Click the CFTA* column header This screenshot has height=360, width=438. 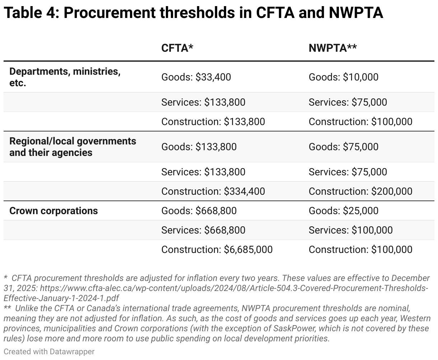(177, 49)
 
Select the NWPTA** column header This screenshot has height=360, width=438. (332, 49)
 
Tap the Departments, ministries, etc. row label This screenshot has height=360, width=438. (65, 77)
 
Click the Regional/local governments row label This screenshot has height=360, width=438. (73, 147)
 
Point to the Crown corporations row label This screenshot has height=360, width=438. (53, 211)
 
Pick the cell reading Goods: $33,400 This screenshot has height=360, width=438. (196, 77)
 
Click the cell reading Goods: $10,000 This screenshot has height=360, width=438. (343, 77)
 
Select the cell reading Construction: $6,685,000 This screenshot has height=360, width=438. (217, 249)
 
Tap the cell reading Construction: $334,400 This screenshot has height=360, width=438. (213, 191)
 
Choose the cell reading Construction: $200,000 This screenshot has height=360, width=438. (360, 191)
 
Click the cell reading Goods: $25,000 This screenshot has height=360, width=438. (343, 211)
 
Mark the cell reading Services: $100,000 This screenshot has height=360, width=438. (350, 230)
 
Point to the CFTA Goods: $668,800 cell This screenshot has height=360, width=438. (199, 211)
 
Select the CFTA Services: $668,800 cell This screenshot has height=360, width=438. (203, 230)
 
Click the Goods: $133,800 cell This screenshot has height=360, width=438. (199, 147)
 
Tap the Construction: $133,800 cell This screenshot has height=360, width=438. (213, 121)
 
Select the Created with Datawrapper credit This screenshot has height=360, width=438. (49, 351)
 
